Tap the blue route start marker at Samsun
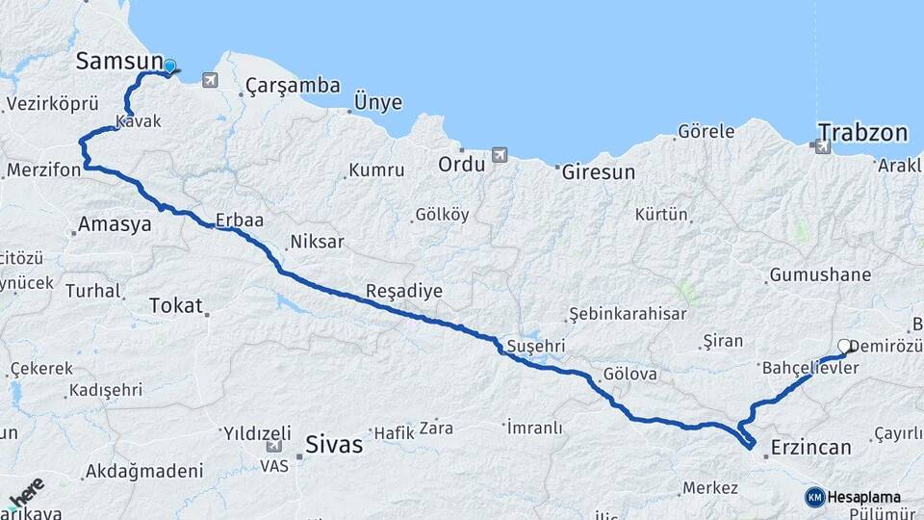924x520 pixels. [x=170, y=66]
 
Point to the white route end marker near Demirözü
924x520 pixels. [x=845, y=346]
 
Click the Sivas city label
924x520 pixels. [x=334, y=444]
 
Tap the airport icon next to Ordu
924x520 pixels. [x=499, y=154]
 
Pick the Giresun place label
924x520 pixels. [x=597, y=172]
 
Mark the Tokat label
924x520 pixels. [x=176, y=306]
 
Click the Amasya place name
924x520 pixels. [x=115, y=224]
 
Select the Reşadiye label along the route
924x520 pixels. [x=403, y=290]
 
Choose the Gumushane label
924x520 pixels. [x=819, y=275]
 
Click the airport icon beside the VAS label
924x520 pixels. [x=274, y=446]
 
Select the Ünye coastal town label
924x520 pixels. [x=378, y=102]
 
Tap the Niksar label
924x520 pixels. [x=316, y=242]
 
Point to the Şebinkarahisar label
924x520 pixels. [x=628, y=314]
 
